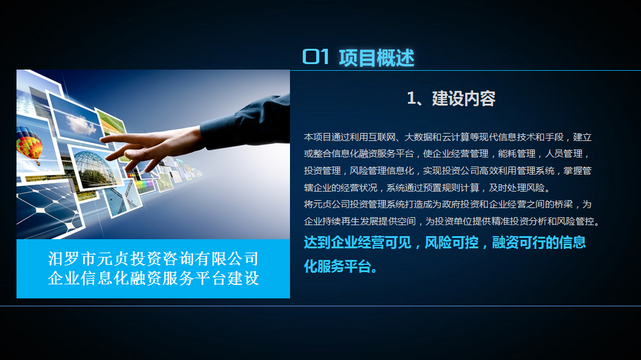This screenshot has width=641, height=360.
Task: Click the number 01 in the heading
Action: click(x=316, y=57)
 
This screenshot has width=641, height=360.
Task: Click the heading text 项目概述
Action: click(x=377, y=57)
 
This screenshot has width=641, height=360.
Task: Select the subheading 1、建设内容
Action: click(x=451, y=98)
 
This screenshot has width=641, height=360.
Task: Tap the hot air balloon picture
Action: click(x=29, y=146)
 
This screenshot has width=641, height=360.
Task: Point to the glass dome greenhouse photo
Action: click(x=94, y=168)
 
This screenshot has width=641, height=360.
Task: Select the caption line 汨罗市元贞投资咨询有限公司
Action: click(x=153, y=259)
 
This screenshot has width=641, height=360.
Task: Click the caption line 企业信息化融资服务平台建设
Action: click(x=153, y=278)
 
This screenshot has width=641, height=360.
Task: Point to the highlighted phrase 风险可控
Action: click(x=451, y=243)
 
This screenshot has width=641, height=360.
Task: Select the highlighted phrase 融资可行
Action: click(x=518, y=243)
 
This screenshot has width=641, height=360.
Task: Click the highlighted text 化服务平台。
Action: click(x=341, y=267)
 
